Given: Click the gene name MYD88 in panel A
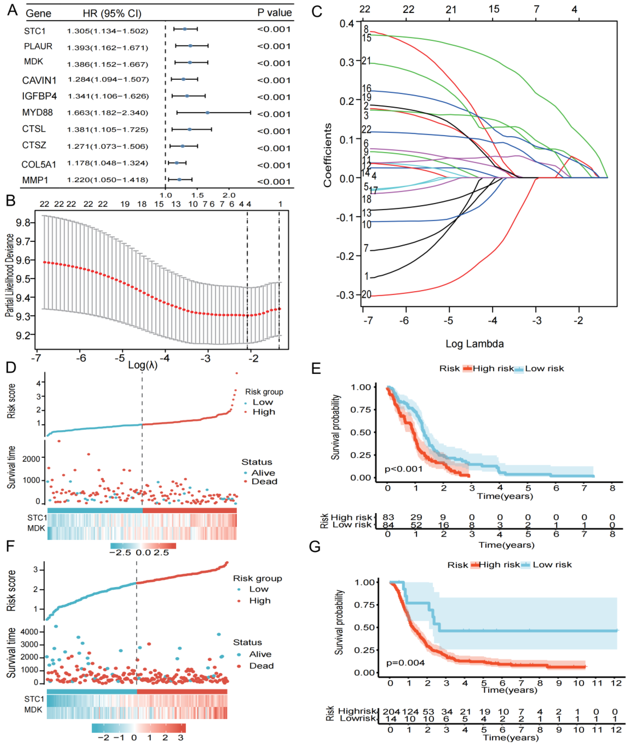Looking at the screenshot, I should click(37, 113).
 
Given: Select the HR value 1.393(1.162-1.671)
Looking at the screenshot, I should click(107, 47).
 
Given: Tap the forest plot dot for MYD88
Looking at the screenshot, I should click(208, 113).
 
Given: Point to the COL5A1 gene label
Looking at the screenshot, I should click(39, 164).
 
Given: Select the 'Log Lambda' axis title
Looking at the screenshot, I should click(475, 344).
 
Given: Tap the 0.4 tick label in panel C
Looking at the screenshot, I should click(347, 24).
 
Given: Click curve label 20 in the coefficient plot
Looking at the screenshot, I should click(366, 294).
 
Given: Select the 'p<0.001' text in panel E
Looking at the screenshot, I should click(403, 469).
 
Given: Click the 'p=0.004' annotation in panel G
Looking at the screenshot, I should click(405, 662).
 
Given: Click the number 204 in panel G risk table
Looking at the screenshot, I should click(391, 711).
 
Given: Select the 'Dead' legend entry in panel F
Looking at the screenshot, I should click(261, 666).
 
